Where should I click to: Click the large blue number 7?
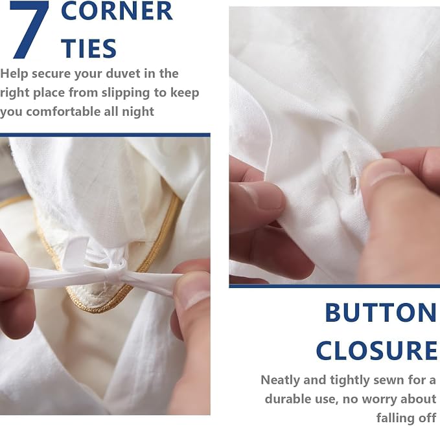[x=29, y=29]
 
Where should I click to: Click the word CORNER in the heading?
[x=117, y=11]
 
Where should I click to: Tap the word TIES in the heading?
[x=89, y=48]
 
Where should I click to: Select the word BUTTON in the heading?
[x=381, y=313]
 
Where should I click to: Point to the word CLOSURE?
[x=376, y=350]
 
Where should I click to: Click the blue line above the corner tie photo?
[x=105, y=135]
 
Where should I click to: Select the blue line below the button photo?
[x=334, y=286]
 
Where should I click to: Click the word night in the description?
[x=138, y=112]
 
